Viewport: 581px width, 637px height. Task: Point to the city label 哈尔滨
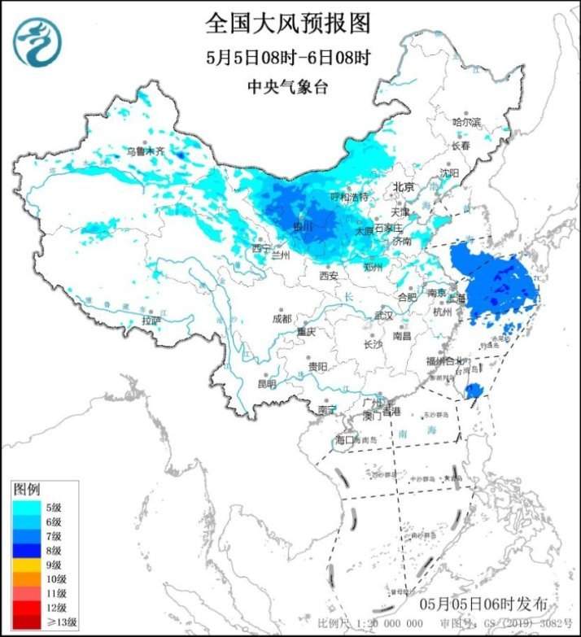point(467,121)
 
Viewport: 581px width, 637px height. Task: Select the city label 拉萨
point(151,321)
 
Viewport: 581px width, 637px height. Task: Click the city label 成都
point(282,319)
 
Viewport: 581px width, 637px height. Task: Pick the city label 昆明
point(266,383)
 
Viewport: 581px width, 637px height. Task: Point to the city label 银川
point(302,227)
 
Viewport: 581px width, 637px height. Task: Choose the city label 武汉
point(382,315)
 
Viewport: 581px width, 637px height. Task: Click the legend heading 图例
point(26,489)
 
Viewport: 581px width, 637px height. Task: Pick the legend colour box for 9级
point(23,564)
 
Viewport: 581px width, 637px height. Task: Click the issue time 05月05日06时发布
point(484,605)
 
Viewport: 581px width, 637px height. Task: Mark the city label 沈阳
point(449,173)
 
